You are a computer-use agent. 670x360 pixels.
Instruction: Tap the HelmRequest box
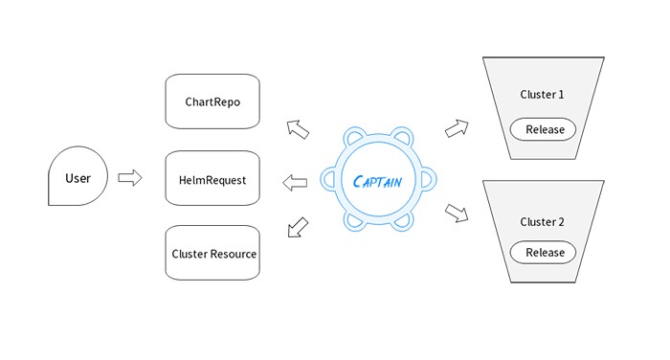pos(212,179)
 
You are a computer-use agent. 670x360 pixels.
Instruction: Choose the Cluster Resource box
pos(213,254)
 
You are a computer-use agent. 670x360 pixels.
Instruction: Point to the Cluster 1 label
pos(542,95)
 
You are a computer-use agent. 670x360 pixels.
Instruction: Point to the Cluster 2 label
pos(542,221)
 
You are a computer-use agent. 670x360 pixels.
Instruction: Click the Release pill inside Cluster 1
pos(544,129)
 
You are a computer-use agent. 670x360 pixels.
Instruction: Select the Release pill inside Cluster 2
pos(544,253)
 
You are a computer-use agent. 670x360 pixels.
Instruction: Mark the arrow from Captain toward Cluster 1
pos(458,126)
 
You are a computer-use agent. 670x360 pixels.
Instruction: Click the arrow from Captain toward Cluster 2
pos(458,213)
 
